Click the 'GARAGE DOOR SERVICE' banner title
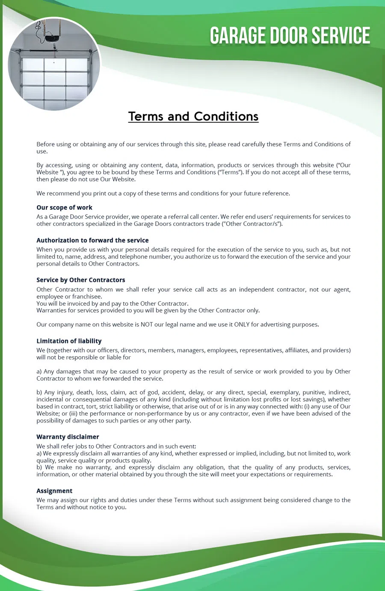click(290, 36)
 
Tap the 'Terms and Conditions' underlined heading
click(193, 116)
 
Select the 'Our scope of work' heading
click(64, 207)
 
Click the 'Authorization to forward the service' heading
click(92, 240)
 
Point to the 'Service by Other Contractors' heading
click(81, 280)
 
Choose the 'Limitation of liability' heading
click(69, 341)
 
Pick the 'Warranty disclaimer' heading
click(68, 437)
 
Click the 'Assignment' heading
click(54, 491)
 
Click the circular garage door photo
click(54, 64)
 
